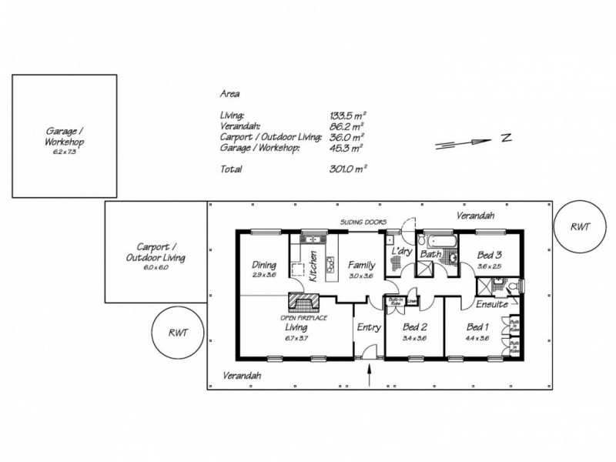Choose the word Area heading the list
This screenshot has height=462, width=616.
(229, 95)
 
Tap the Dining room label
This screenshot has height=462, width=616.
(264, 266)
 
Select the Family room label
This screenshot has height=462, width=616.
(360, 265)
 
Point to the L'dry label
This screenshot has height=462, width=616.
(400, 252)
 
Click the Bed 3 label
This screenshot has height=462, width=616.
(490, 255)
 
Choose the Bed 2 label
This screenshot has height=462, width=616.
(414, 326)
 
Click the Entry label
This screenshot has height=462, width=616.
(369, 326)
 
